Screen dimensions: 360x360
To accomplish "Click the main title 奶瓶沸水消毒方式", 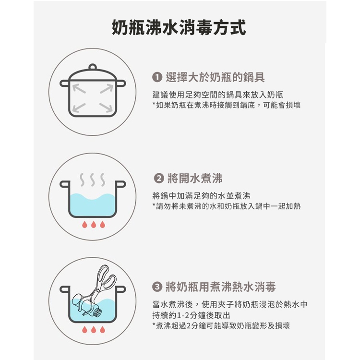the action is tap(179, 27).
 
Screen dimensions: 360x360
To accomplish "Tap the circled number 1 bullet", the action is tap(157, 77).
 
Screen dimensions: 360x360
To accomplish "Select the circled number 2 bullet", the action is tap(159, 179).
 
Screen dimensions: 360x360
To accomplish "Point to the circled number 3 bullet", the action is tap(157, 287).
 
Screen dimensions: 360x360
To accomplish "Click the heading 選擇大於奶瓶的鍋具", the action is tap(215, 77).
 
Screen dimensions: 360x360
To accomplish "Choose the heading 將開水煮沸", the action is tap(195, 179).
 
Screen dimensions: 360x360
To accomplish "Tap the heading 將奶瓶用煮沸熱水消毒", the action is tap(221, 287).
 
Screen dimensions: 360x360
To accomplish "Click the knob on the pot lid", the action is tap(93, 67).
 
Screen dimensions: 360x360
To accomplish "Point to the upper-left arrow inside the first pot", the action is tap(79, 88).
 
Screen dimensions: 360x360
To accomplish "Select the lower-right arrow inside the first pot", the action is tap(107, 108).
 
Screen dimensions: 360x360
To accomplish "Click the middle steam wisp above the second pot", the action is tap(93, 180).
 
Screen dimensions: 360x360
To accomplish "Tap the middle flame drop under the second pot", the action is tap(94, 224).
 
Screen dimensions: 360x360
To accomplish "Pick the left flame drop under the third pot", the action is tap(84, 330).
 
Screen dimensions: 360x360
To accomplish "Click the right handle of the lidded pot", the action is tap(121, 83).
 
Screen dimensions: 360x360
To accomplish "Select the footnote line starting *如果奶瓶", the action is tap(227, 105).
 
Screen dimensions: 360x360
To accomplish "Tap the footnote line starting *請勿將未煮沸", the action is tap(227, 206).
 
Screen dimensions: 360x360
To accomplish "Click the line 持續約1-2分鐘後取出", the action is tap(191, 315).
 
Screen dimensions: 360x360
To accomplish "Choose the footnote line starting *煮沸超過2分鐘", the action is tap(221, 325).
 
